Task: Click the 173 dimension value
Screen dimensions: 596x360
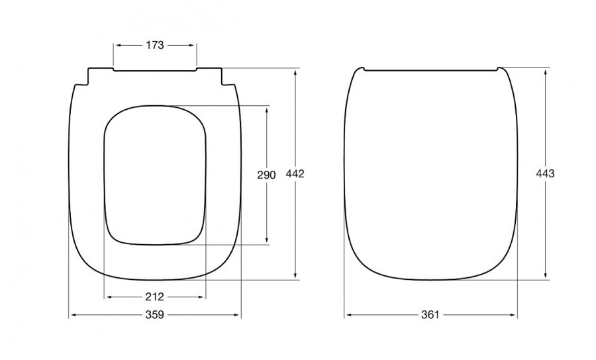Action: pos(155,45)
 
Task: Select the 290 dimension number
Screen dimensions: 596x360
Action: pos(266,175)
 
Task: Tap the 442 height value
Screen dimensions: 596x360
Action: pos(295,173)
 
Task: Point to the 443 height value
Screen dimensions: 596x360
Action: pos(546,173)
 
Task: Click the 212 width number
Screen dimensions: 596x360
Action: pos(155,296)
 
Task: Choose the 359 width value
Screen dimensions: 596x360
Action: pos(155,315)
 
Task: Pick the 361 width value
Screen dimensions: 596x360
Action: pos(430,315)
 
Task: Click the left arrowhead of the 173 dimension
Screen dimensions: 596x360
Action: pos(119,45)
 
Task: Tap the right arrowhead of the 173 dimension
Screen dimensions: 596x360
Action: pos(191,45)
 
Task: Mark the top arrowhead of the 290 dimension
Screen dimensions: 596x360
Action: pos(267,111)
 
